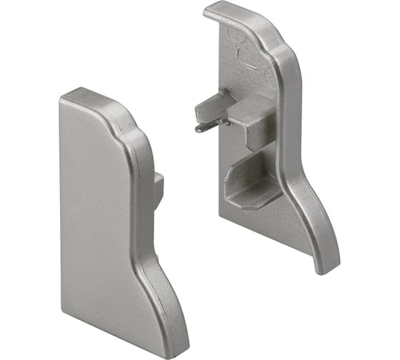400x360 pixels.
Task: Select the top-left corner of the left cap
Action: click(63, 96)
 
